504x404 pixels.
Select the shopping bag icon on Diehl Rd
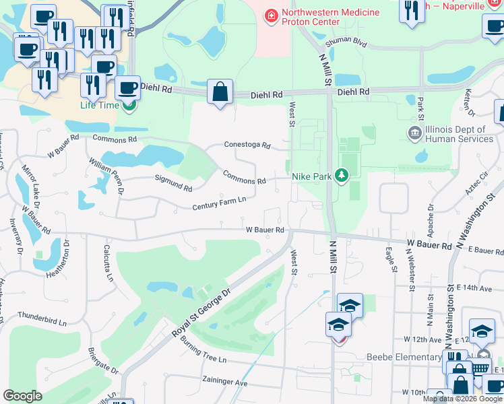pos(220,92)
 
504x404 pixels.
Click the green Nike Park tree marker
pos(343,176)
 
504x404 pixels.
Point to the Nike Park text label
pos(313,176)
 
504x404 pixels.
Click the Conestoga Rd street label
pos(247,145)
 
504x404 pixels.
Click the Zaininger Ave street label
pos(225,381)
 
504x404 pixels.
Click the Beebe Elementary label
pos(404,357)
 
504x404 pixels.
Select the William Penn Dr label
pos(106,173)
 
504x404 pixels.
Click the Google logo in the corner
pos(22,396)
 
